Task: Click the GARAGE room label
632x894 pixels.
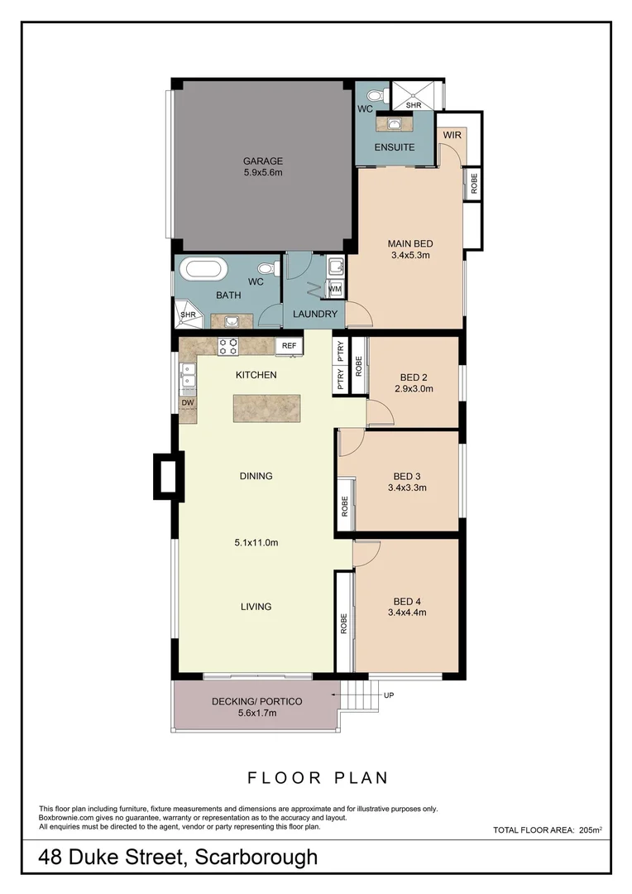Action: pyautogui.click(x=262, y=161)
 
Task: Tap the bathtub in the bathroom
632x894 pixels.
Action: pyautogui.click(x=203, y=270)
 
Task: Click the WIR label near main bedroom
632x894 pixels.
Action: pyautogui.click(x=452, y=134)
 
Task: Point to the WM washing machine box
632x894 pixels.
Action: pyautogui.click(x=335, y=289)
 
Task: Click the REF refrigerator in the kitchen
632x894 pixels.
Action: pyautogui.click(x=289, y=345)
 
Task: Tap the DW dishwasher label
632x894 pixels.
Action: pyautogui.click(x=187, y=403)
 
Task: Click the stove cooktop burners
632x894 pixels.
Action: pyautogui.click(x=228, y=346)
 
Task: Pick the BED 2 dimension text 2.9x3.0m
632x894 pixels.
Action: pyautogui.click(x=414, y=388)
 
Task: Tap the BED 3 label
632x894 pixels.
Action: pyautogui.click(x=407, y=476)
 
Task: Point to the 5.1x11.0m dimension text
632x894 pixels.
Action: pyautogui.click(x=256, y=543)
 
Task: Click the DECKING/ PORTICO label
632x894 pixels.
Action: pyautogui.click(x=256, y=701)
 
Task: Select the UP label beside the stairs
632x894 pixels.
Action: pyautogui.click(x=389, y=695)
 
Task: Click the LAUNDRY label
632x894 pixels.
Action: pyautogui.click(x=314, y=314)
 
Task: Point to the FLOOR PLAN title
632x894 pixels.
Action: pyautogui.click(x=318, y=778)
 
